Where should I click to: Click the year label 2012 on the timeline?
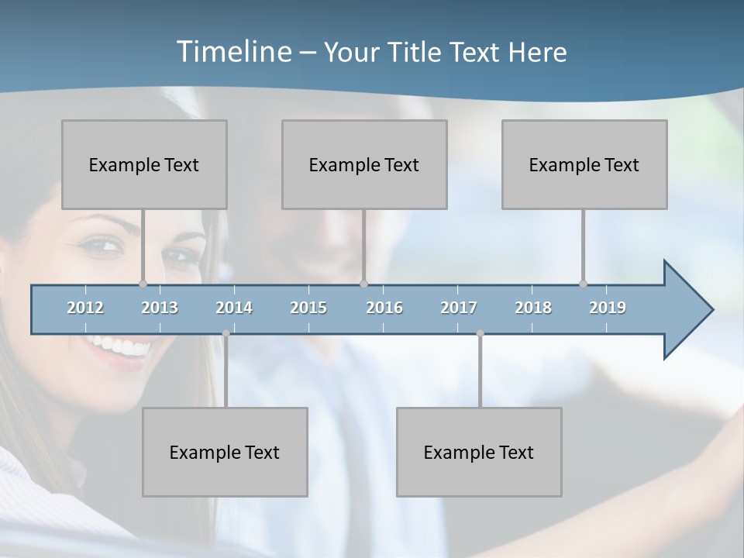click(85, 308)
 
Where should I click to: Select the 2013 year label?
click(160, 308)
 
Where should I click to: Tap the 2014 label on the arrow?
click(234, 308)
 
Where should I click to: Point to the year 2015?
click(308, 308)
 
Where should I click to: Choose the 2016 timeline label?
click(384, 308)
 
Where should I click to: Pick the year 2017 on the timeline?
click(459, 308)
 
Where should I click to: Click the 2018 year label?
click(533, 308)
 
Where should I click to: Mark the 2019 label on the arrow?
click(608, 308)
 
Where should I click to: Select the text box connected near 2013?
click(144, 164)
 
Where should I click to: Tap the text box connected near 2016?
click(364, 164)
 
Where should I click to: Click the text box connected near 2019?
click(584, 164)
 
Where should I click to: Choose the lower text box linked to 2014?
click(225, 452)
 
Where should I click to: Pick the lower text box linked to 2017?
click(479, 452)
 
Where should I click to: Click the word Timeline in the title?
click(233, 51)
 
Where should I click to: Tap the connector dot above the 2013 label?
click(143, 284)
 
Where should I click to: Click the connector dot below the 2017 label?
click(480, 333)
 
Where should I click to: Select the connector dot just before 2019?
click(583, 284)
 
